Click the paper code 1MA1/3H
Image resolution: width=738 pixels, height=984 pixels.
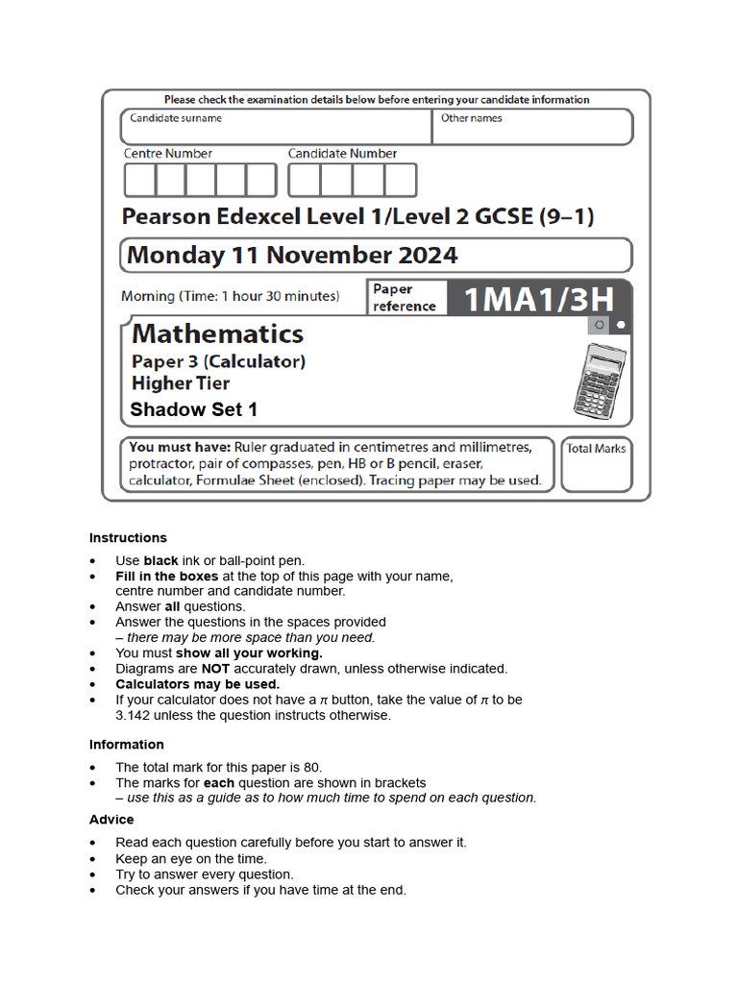(538, 298)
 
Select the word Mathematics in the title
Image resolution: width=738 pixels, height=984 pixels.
(217, 333)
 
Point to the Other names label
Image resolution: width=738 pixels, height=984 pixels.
(471, 118)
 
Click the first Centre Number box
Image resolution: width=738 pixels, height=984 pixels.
(139, 180)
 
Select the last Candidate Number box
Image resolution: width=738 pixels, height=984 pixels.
(401, 180)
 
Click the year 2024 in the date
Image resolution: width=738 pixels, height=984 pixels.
(425, 255)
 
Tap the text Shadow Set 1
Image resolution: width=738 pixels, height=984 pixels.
(194, 409)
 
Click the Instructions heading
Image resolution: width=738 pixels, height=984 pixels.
(128, 538)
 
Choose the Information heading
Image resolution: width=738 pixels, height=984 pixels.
(127, 745)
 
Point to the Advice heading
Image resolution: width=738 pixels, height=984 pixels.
(111, 820)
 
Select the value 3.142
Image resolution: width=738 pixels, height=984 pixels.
(135, 715)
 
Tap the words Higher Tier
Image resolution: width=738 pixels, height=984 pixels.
(181, 383)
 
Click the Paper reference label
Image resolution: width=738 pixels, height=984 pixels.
(404, 298)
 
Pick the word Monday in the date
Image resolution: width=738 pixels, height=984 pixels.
(174, 255)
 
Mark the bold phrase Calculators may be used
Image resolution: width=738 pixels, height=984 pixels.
(198, 684)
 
